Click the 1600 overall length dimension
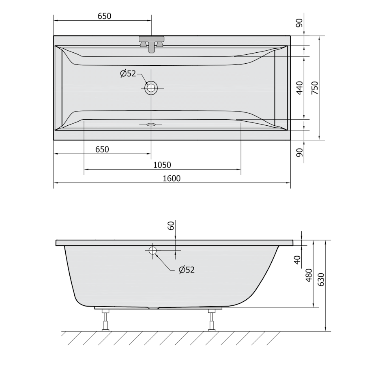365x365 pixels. point(172,178)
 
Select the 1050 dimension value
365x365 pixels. point(162,165)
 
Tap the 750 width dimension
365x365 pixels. point(314,88)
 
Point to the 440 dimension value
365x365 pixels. point(300,88)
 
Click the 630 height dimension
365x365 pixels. point(321,279)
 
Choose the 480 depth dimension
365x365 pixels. point(309,275)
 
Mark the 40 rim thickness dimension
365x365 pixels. point(297,260)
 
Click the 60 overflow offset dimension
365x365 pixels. point(171,225)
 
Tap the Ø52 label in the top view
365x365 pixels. point(128,73)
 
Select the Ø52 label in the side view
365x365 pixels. point(187,270)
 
